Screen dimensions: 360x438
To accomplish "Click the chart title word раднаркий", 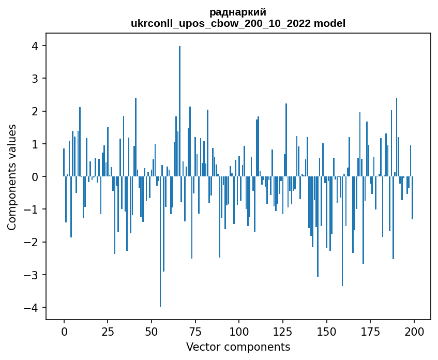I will (x=238, y=12).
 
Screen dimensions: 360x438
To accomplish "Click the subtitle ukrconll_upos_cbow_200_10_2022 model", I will (x=238, y=24).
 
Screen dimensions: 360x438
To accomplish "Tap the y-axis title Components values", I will (x=12, y=177).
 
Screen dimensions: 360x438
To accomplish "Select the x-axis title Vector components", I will (x=238, y=347).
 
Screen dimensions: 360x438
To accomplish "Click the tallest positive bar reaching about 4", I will (x=179, y=111).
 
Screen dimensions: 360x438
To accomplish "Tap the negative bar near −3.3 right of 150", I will (x=342, y=231).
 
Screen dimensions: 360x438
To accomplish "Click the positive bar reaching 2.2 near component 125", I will (x=286, y=140).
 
